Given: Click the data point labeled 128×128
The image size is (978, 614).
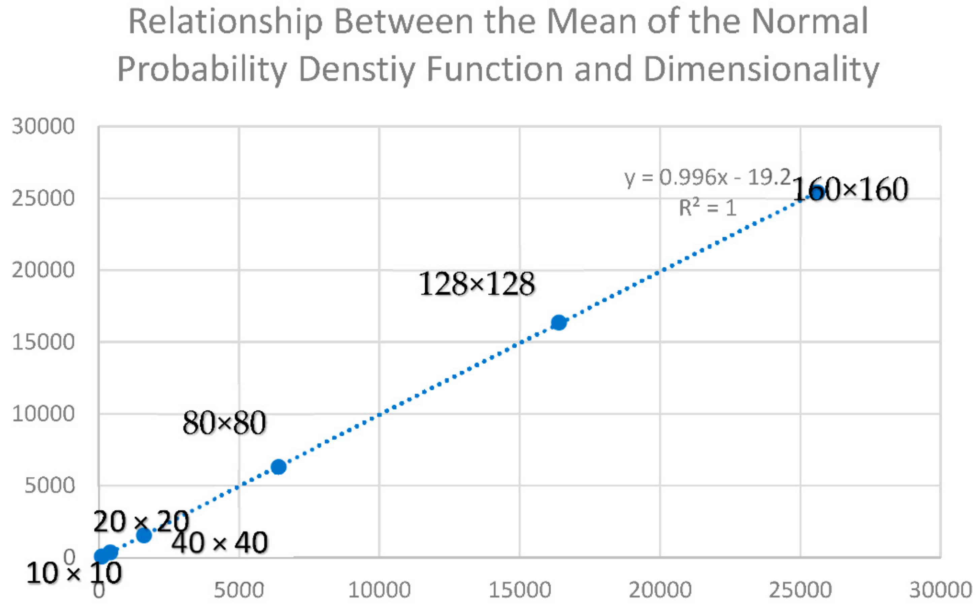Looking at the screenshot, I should click(559, 322).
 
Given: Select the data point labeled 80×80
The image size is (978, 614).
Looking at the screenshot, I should click(278, 467).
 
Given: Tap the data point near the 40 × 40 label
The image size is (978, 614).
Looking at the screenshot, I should click(144, 535).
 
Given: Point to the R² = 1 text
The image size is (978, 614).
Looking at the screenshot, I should click(708, 208).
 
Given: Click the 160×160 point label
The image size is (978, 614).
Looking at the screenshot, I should click(850, 189).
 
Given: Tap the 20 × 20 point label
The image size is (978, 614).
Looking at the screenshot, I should click(141, 521).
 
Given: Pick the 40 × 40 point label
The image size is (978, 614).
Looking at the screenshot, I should click(219, 543).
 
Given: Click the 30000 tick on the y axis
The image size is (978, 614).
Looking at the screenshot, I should click(43, 126).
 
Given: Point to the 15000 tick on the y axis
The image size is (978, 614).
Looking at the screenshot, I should click(43, 342).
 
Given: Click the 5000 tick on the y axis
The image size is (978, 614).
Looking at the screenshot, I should click(50, 485).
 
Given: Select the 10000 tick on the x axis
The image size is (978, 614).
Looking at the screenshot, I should click(379, 590).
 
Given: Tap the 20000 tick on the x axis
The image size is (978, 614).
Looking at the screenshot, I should click(660, 590).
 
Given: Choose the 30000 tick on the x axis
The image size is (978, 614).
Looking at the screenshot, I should click(940, 590).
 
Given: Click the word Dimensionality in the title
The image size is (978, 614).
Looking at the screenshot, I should click(761, 69).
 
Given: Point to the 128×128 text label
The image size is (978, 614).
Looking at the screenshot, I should click(477, 284).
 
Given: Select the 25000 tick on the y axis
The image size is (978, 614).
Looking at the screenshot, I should click(43, 199).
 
